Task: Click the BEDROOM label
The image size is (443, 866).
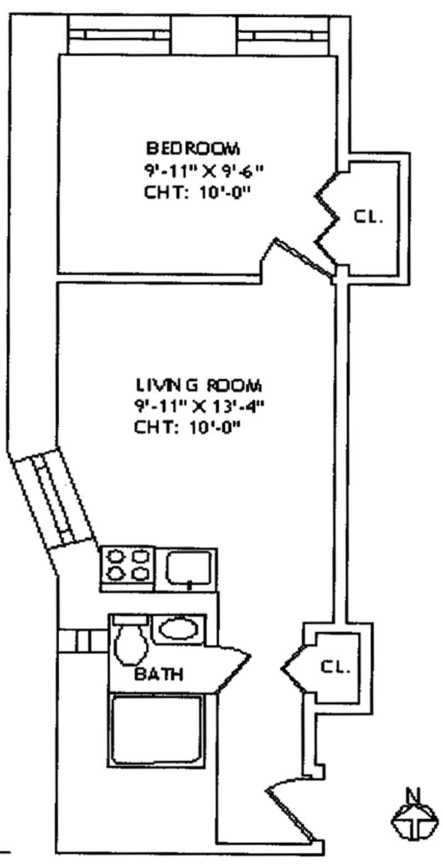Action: (x=193, y=148)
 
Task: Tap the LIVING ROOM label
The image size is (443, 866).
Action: (x=199, y=385)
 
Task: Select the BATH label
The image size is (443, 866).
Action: (x=159, y=674)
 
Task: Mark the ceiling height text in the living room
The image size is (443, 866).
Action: (x=189, y=428)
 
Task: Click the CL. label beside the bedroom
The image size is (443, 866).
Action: (x=368, y=216)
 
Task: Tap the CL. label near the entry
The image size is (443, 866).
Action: (x=336, y=667)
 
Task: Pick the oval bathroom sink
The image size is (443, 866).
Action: (x=178, y=629)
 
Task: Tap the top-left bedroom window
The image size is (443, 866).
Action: (x=120, y=35)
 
